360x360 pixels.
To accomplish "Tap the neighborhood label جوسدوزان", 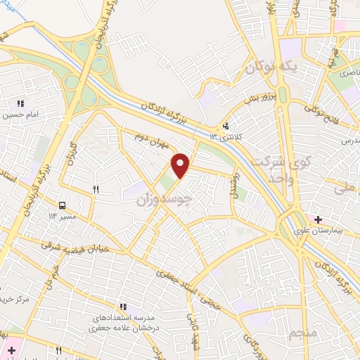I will [x=163, y=199].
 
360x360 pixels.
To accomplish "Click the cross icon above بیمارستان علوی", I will [x=318, y=220].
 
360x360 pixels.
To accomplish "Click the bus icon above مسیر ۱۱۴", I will [x=63, y=206].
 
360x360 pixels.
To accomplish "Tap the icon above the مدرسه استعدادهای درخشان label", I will [x=124, y=307].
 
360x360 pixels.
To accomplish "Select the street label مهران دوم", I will [x=153, y=138].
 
